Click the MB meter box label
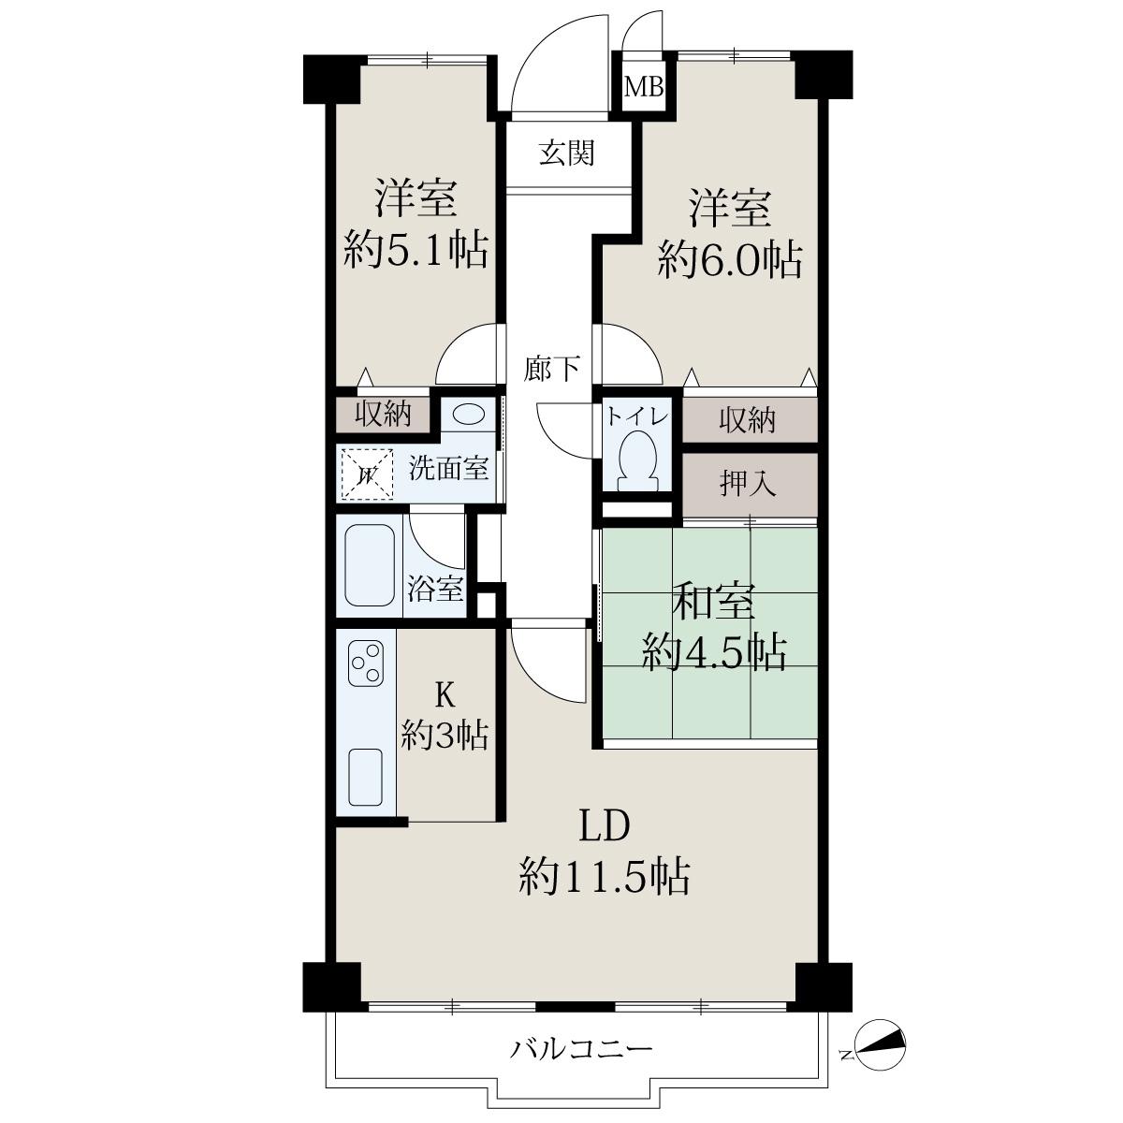click(644, 87)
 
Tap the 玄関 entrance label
click(566, 153)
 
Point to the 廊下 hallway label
click(551, 369)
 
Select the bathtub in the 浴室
click(370, 564)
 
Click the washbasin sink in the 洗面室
click(469, 415)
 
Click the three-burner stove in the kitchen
click(366, 663)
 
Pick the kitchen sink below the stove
click(365, 778)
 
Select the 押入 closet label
click(748, 483)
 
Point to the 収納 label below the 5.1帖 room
click(384, 414)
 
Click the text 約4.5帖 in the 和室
click(714, 651)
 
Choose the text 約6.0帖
click(730, 258)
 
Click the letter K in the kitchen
click(445, 694)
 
